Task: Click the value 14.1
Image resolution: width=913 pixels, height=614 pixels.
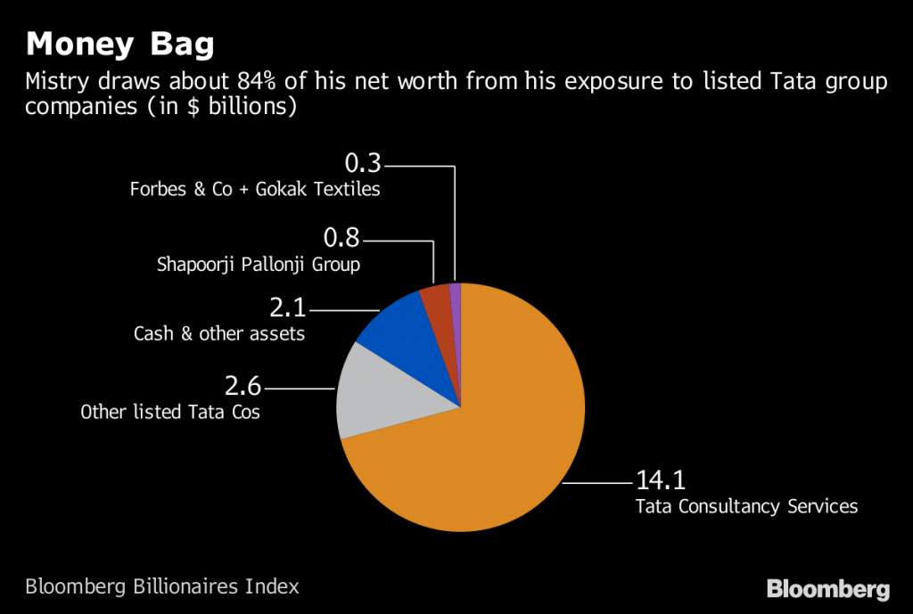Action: tap(660, 480)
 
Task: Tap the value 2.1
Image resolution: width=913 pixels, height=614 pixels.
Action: tap(287, 308)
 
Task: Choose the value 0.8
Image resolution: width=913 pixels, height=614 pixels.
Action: tap(342, 239)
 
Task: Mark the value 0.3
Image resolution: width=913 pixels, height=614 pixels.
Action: tap(362, 163)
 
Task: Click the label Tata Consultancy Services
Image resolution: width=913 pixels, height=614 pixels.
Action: tap(746, 506)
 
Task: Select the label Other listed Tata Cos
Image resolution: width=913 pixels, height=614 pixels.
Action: tap(170, 413)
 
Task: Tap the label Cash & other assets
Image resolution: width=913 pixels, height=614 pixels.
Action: tap(219, 334)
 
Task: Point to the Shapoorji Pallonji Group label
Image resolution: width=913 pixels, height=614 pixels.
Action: tap(259, 265)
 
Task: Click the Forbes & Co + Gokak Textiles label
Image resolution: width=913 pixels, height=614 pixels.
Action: tap(255, 189)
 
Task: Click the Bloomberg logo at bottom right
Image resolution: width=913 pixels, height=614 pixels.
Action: tap(828, 589)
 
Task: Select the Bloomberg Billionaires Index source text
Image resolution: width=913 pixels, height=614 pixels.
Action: tap(162, 586)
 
